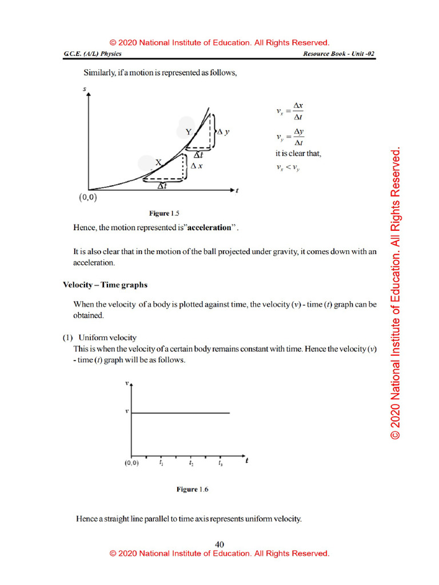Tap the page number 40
219,544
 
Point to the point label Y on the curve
188,132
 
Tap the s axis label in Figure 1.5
85,89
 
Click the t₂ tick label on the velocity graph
191,463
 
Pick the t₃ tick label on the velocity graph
221,463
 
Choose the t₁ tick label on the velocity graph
162,463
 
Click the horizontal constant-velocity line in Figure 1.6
181,412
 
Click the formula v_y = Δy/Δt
290,137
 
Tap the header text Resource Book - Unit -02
338,54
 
